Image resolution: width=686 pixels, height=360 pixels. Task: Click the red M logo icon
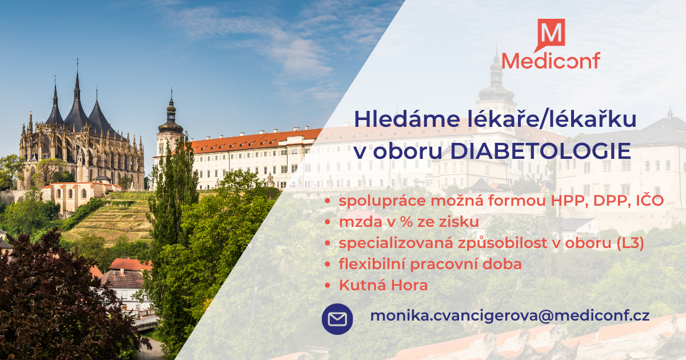[551, 33]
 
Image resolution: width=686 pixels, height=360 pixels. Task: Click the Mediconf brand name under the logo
[551, 61]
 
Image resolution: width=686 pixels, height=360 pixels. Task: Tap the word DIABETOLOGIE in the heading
[541, 151]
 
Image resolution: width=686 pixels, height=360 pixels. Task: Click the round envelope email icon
[337, 319]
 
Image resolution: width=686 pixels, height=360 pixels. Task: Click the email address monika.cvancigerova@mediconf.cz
[510, 316]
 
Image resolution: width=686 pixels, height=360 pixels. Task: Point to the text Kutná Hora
[383, 285]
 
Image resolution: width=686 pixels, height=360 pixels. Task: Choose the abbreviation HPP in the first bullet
[569, 201]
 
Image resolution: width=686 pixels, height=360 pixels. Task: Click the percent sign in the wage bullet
[406, 222]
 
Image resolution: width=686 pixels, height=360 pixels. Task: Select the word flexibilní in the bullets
[372, 264]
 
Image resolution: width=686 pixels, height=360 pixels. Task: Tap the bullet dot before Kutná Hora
[328, 286]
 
